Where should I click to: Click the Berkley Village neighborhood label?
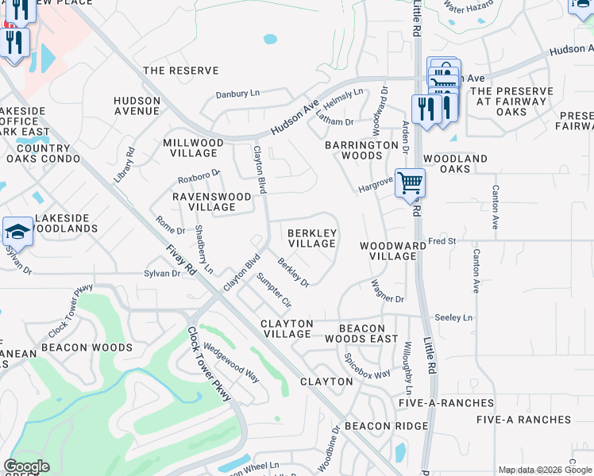pyautogui.click(x=312, y=238)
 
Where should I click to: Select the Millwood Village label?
pyautogui.click(x=193, y=148)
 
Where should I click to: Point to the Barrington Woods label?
pyautogui.click(x=361, y=150)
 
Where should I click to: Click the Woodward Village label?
pyautogui.click(x=388, y=251)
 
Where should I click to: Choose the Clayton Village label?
pyautogui.click(x=287, y=328)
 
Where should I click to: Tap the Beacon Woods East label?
pyautogui.click(x=368, y=333)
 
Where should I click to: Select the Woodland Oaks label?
pyautogui.click(x=455, y=164)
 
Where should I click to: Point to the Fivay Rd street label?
pyautogui.click(x=181, y=259)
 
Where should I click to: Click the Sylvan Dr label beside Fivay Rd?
pyautogui.click(x=162, y=274)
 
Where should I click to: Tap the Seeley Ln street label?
pyautogui.click(x=453, y=317)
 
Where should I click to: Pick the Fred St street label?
pyautogui.click(x=442, y=240)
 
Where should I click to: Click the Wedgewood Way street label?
pyautogui.click(x=231, y=361)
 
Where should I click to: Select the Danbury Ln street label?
pyautogui.click(x=238, y=94)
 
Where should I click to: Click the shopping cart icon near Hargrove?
pyautogui.click(x=410, y=183)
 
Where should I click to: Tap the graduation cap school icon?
pyautogui.click(x=17, y=232)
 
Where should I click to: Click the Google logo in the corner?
pyautogui.click(x=26, y=466)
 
